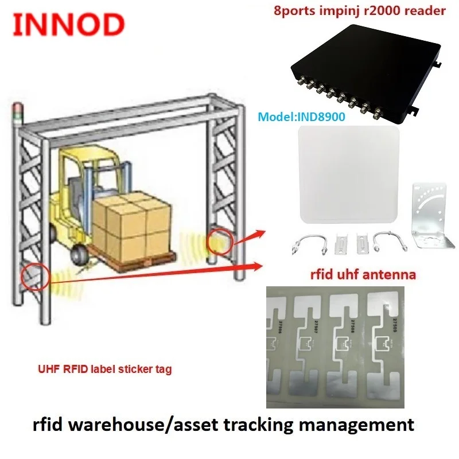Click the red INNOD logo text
point(68,24)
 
